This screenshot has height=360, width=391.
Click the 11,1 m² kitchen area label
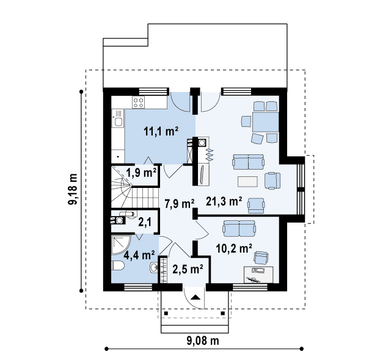[161, 131]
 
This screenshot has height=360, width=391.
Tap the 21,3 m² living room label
[224, 201]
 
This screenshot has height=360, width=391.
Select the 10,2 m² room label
[234, 248]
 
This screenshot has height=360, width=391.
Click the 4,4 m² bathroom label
[139, 255]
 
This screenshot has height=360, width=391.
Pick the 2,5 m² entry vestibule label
[188, 269]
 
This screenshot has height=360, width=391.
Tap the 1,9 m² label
[141, 173]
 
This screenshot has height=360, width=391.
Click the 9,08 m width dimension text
[203, 340]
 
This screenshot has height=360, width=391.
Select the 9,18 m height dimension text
[73, 189]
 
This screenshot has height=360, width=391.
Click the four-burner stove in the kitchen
[139, 103]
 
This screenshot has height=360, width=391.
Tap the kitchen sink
[118, 121]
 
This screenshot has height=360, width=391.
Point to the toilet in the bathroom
[118, 266]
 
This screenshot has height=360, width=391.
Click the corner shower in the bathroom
[120, 245]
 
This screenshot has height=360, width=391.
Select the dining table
[265, 122]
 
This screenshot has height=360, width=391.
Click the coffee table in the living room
[247, 181]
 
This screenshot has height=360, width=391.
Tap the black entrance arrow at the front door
[195, 297]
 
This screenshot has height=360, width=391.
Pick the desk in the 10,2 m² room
[258, 275]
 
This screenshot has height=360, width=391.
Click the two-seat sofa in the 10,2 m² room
[239, 228]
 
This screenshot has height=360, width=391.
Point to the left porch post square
[166, 313]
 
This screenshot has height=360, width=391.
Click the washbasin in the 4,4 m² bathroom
[154, 268]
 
